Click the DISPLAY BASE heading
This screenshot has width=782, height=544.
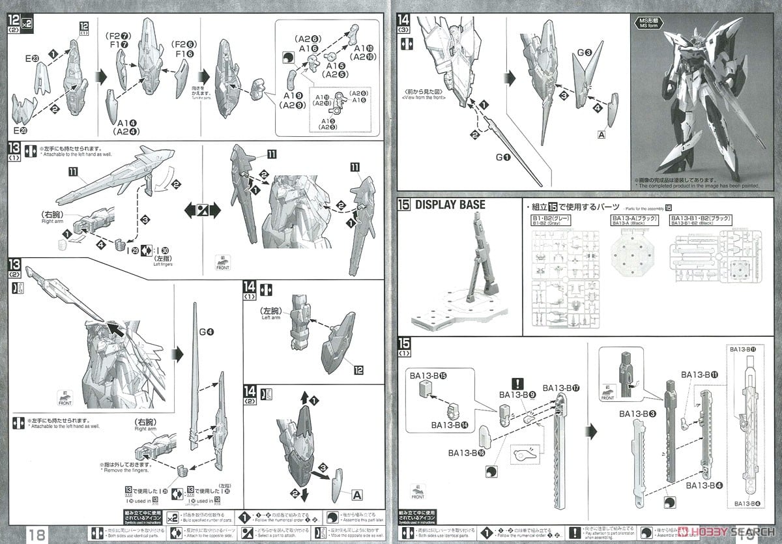(450, 205)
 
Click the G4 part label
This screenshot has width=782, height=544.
(206, 332)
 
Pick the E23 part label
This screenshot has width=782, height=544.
(33, 59)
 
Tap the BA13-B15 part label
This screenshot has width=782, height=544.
(427, 376)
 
